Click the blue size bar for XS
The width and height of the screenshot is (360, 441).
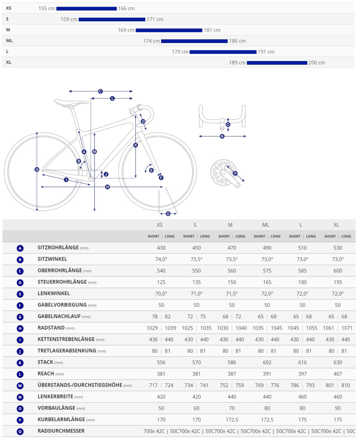point(86,8)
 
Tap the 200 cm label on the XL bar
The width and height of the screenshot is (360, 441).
point(317,63)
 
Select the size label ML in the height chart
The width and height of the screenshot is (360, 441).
point(10,41)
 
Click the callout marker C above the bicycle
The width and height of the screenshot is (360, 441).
point(100,91)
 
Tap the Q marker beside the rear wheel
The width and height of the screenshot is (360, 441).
point(37,169)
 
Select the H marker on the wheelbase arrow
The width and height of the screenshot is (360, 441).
point(107,187)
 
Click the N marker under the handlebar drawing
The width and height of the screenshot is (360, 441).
point(222,136)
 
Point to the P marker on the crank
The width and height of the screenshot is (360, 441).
point(235,173)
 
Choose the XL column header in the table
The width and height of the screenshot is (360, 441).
point(336,225)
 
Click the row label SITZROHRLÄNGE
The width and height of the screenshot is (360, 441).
point(58,248)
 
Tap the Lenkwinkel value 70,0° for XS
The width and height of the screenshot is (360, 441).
point(161,294)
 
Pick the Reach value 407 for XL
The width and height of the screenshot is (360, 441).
point(338,374)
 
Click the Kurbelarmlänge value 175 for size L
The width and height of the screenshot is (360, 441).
point(302,420)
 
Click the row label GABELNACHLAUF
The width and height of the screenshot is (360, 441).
point(59,316)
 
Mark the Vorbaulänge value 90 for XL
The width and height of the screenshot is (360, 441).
point(338,408)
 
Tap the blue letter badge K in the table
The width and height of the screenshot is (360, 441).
point(20,363)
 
